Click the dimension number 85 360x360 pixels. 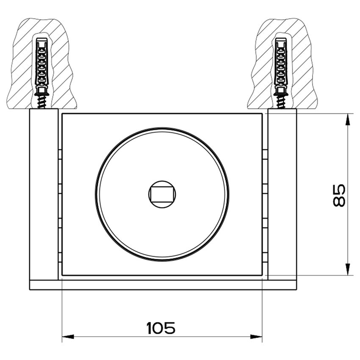(x=339, y=195)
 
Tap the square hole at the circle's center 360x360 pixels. (x=162, y=194)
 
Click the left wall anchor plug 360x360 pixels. (x=42, y=64)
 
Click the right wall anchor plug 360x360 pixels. (x=281, y=64)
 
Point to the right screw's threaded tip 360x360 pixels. (x=281, y=102)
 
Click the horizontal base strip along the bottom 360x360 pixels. (x=163, y=285)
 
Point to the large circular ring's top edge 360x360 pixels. (x=162, y=128)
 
